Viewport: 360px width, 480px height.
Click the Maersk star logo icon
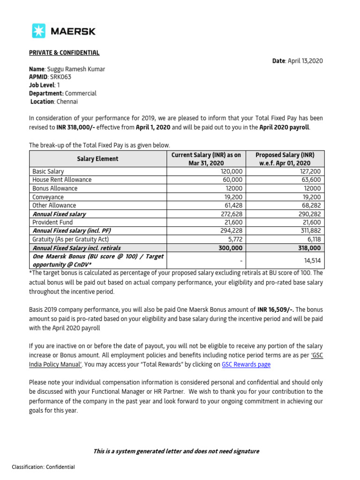[38, 31]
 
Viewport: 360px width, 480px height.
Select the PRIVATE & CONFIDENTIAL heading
[64, 53]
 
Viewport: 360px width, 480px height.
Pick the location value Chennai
[67, 101]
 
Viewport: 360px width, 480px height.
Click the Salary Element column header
[98, 159]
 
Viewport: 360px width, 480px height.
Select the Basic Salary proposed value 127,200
[310, 172]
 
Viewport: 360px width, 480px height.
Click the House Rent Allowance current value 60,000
[232, 180]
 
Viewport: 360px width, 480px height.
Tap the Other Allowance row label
[54, 205]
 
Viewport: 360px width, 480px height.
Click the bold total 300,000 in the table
[230, 248]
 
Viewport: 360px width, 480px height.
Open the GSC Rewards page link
[246, 364]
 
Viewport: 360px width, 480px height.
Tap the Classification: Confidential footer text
[43, 467]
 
